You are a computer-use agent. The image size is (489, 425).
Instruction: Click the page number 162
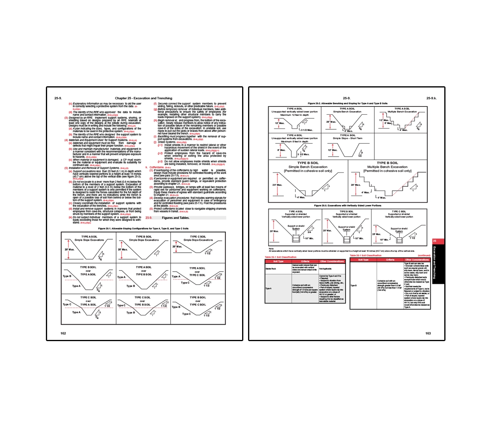click(x=63, y=333)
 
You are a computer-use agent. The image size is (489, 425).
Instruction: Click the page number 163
click(x=428, y=333)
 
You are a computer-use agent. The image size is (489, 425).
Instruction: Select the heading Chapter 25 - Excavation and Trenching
click(x=144, y=98)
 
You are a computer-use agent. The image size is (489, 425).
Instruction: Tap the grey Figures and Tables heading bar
click(x=186, y=218)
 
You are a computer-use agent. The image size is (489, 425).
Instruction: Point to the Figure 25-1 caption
click(x=143, y=228)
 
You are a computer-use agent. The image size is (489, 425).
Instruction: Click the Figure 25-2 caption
click(x=347, y=103)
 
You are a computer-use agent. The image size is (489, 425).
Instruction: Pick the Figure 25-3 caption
click(x=347, y=205)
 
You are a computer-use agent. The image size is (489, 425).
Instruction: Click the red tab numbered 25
click(x=435, y=241)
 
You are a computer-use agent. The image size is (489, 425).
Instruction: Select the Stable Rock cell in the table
click(x=271, y=269)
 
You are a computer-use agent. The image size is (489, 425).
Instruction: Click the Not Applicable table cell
click(x=326, y=269)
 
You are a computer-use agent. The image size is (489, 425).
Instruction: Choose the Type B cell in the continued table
click(x=354, y=285)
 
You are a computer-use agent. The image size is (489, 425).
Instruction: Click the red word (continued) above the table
click(x=424, y=256)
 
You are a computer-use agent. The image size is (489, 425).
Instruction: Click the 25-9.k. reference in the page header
click(x=431, y=98)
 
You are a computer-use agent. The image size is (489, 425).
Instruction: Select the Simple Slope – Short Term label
click(x=347, y=138)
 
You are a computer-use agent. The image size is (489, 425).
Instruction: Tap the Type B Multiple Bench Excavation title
click(x=387, y=167)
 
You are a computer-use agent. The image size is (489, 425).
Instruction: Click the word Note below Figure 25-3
click(x=271, y=249)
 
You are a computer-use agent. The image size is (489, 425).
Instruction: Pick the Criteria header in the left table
click(x=305, y=261)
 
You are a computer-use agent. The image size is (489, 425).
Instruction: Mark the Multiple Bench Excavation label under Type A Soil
click(x=402, y=112)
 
